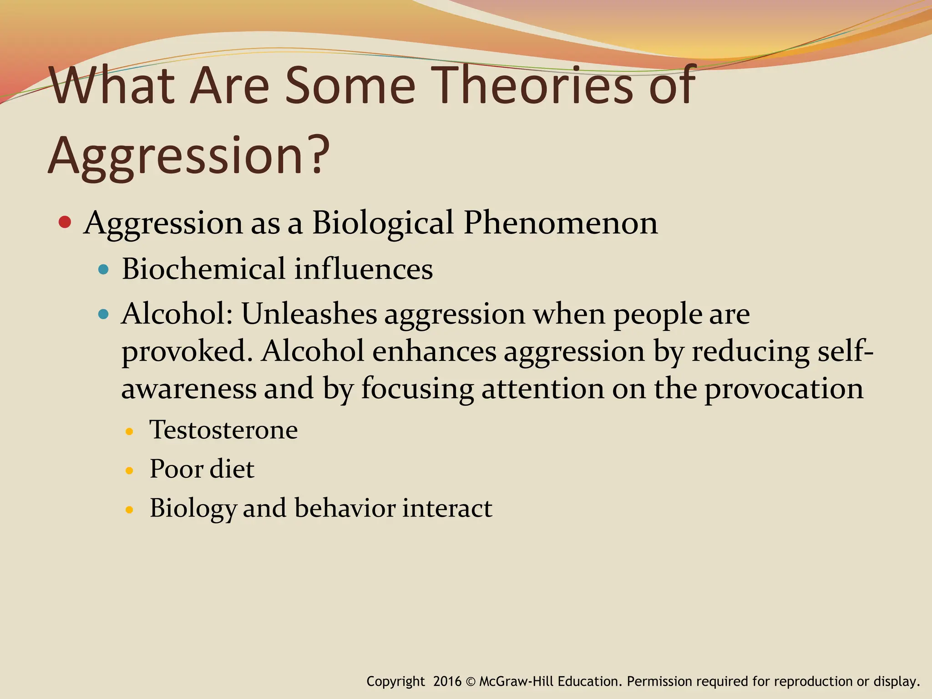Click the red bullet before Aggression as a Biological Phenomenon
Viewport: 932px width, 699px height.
click(65, 223)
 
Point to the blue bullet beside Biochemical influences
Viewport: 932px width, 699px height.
click(104, 269)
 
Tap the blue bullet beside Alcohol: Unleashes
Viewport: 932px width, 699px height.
click(104, 314)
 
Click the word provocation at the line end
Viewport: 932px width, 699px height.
click(783, 389)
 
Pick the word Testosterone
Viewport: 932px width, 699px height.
click(223, 430)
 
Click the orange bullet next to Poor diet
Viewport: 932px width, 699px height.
click(129, 471)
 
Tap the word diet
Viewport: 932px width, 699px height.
click(232, 469)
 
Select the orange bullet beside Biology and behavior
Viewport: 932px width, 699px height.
click(129, 510)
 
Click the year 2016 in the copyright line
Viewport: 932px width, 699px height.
click(447, 681)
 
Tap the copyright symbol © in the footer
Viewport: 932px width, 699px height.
click(471, 682)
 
